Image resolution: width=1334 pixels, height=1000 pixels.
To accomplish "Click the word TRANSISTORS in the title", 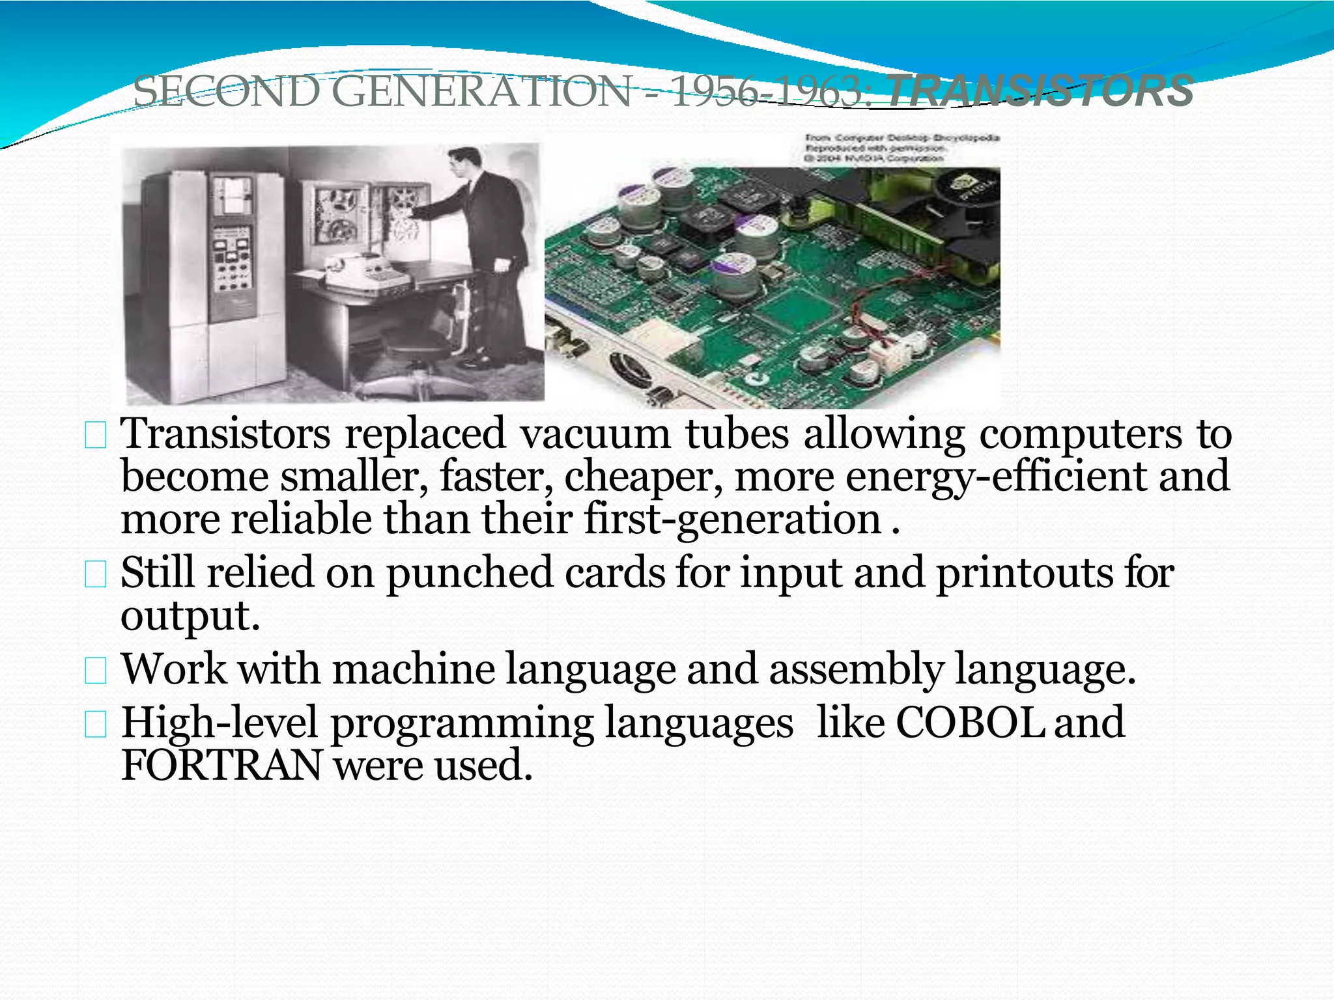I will [x=1040, y=91].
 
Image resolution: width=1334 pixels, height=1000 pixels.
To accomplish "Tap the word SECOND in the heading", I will [x=226, y=91].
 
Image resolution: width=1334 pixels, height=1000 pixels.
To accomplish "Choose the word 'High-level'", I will [x=220, y=723].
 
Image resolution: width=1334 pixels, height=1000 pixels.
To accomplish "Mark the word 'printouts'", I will [x=1025, y=573].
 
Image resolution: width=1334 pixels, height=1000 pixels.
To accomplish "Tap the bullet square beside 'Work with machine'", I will [x=96, y=671].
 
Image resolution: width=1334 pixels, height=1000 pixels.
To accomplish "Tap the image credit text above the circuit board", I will [x=902, y=148].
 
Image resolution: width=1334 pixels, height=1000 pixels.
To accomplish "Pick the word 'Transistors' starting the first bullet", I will [x=226, y=434].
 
